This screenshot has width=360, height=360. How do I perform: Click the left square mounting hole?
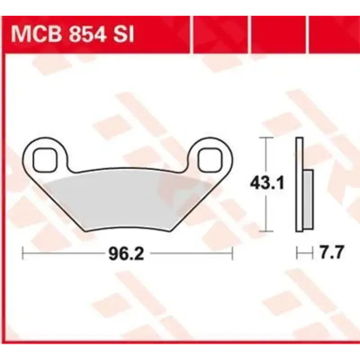point(45,158)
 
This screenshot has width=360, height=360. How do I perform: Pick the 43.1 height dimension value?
point(267,183)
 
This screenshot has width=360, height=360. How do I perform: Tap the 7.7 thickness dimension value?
point(330,253)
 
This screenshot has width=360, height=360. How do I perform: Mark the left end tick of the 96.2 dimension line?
point(23,253)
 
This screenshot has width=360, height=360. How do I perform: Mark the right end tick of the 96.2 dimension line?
point(232,253)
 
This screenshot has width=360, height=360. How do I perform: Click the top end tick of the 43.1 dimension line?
point(267,137)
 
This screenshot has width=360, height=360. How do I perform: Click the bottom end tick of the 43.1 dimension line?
point(267,231)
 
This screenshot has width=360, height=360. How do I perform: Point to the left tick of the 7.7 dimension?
point(297,253)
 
